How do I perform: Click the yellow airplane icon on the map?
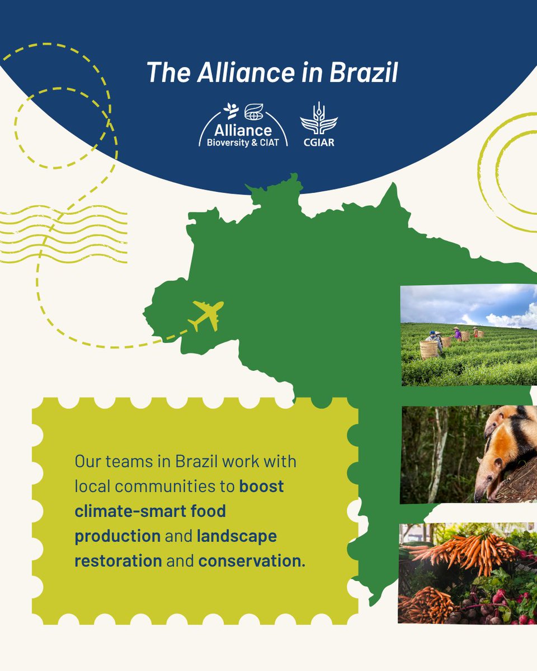click(x=205, y=315)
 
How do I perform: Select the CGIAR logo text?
click(x=319, y=142)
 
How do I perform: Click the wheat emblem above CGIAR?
click(x=319, y=119)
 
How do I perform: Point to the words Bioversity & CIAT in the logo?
click(x=243, y=142)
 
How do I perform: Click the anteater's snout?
click(x=481, y=492)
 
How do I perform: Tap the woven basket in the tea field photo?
click(x=428, y=349)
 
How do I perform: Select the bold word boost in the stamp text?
click(x=262, y=486)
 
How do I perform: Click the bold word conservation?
click(x=250, y=560)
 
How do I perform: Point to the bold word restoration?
click(x=118, y=560)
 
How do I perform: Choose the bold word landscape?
click(x=237, y=536)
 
